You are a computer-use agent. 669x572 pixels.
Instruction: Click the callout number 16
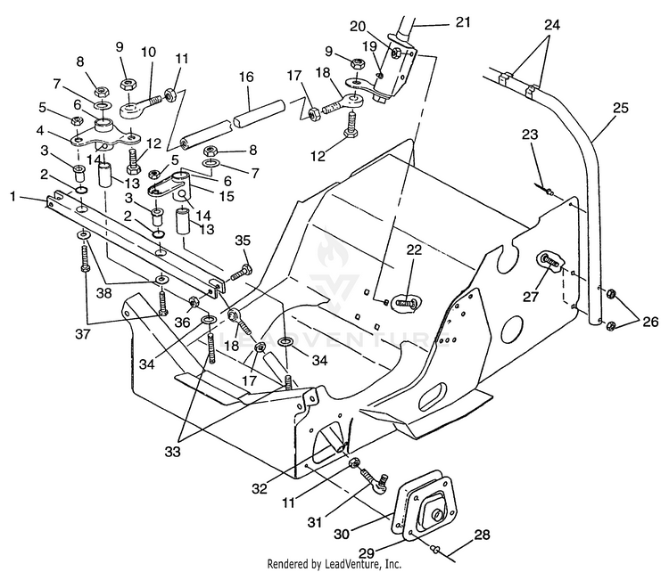pyautogui.click(x=246, y=78)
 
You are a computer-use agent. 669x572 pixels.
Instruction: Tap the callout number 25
pyautogui.click(x=620, y=109)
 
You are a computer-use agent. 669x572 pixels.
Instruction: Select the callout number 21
pyautogui.click(x=462, y=21)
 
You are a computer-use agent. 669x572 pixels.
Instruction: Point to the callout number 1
pyautogui.click(x=13, y=197)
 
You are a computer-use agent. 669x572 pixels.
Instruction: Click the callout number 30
pyautogui.click(x=342, y=534)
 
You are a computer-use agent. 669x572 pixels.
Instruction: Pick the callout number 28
pyautogui.click(x=482, y=535)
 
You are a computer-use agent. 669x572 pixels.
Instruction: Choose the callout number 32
pyautogui.click(x=260, y=488)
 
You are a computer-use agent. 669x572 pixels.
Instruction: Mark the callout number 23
pyautogui.click(x=530, y=135)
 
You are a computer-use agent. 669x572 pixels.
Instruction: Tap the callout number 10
pyautogui.click(x=148, y=52)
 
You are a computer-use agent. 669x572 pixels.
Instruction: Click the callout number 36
pyautogui.click(x=182, y=323)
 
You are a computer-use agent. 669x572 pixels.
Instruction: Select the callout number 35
pyautogui.click(x=243, y=241)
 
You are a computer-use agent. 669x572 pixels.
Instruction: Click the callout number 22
pyautogui.click(x=413, y=249)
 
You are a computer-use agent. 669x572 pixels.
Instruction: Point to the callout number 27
pyautogui.click(x=532, y=296)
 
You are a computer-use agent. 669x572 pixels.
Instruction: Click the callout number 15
pyautogui.click(x=227, y=196)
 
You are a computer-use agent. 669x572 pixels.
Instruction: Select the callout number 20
pyautogui.click(x=358, y=27)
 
